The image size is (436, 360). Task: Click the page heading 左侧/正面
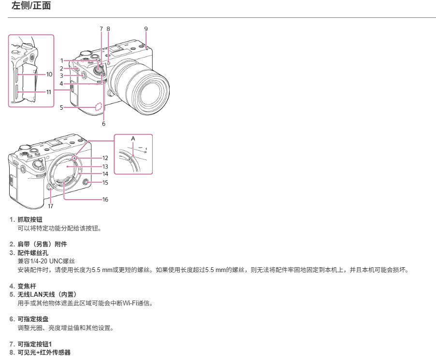pos(31,6)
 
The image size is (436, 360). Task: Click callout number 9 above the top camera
pos(146,29)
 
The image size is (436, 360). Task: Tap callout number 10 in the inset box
pos(49,74)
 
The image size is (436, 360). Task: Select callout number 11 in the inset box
pos(49,92)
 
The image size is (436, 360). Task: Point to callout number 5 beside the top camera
pos(61,108)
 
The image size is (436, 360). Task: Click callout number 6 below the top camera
pos(104,124)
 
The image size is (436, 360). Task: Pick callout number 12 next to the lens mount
pos(105,158)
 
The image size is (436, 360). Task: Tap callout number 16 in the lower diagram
pos(105,199)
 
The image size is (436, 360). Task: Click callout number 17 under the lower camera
pos(50,206)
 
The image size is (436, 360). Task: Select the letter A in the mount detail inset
pos(133,138)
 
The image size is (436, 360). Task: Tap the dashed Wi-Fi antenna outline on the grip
pos(98,106)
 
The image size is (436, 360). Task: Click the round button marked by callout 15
pos(86,183)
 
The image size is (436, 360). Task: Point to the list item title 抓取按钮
pos(30,219)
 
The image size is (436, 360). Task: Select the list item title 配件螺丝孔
pos(33,253)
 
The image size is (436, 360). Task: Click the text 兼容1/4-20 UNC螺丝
pos(46,261)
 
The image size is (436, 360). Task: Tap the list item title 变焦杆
pos(27,286)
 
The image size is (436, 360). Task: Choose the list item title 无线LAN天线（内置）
pos(47,294)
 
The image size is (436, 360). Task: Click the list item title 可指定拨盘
pos(33,319)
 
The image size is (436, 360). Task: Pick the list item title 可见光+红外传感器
pos(44,352)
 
